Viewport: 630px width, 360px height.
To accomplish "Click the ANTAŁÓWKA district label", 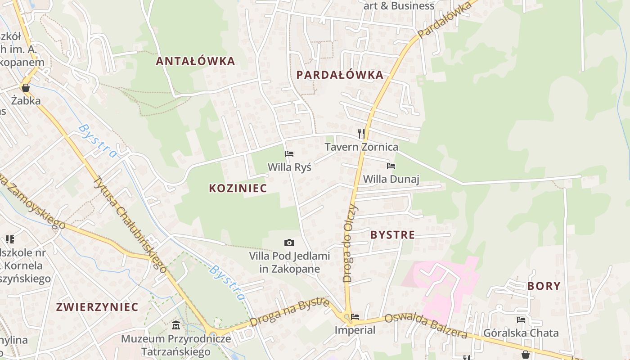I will [x=195, y=61].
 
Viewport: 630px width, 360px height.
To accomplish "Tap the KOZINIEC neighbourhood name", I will [x=238, y=188].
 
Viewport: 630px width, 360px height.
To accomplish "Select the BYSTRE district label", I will [x=392, y=234].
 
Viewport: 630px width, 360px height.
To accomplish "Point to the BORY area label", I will [x=544, y=286].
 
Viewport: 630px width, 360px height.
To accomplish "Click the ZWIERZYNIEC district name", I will [x=97, y=307].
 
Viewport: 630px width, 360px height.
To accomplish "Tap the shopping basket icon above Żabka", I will [x=26, y=87].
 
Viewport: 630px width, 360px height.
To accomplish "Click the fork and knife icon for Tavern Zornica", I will [x=361, y=133].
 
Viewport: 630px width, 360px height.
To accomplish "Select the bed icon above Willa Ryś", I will [x=289, y=154].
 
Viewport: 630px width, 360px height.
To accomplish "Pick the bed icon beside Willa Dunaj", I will [x=391, y=166].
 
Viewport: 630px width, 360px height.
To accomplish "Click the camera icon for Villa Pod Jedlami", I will [x=289, y=243].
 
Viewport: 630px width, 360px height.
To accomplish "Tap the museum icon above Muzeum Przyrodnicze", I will [x=176, y=325].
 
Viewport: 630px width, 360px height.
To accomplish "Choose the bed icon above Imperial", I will [x=355, y=317].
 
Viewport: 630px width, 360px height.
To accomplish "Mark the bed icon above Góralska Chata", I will [x=521, y=320].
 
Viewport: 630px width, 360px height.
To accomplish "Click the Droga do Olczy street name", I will [x=350, y=243].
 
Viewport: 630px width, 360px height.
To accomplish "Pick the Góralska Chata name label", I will [x=521, y=333].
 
